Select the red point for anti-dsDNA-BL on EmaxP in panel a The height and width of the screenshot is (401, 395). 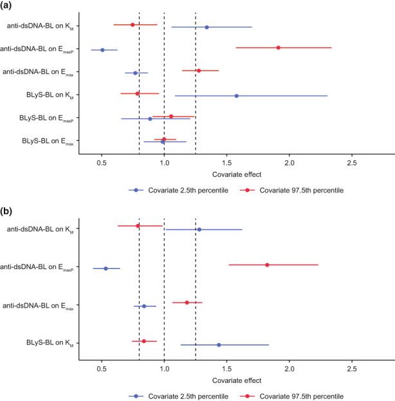click(278, 48)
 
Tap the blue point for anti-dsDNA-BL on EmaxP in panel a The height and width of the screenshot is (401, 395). click(102, 50)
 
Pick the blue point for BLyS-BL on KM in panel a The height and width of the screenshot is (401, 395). click(237, 96)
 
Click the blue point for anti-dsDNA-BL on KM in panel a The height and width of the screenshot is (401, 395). click(207, 27)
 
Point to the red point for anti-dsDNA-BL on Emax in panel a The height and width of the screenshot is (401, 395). click(199, 71)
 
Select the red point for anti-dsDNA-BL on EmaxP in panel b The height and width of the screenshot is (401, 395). click(267, 265)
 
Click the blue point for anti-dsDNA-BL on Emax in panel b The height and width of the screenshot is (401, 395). click(144, 306)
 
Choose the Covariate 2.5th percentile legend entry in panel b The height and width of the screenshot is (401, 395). click(170, 394)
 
